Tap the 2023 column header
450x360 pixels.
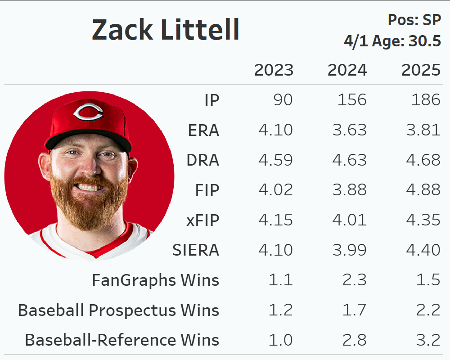[274, 70]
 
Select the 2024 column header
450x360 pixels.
[347, 70]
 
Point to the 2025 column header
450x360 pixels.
[421, 70]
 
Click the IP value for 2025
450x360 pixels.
[426, 100]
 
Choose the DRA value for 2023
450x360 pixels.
[275, 160]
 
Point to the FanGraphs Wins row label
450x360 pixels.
[155, 280]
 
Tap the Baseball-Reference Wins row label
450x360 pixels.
[122, 340]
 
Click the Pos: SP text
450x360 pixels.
[414, 20]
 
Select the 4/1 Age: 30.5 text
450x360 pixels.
[392, 41]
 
